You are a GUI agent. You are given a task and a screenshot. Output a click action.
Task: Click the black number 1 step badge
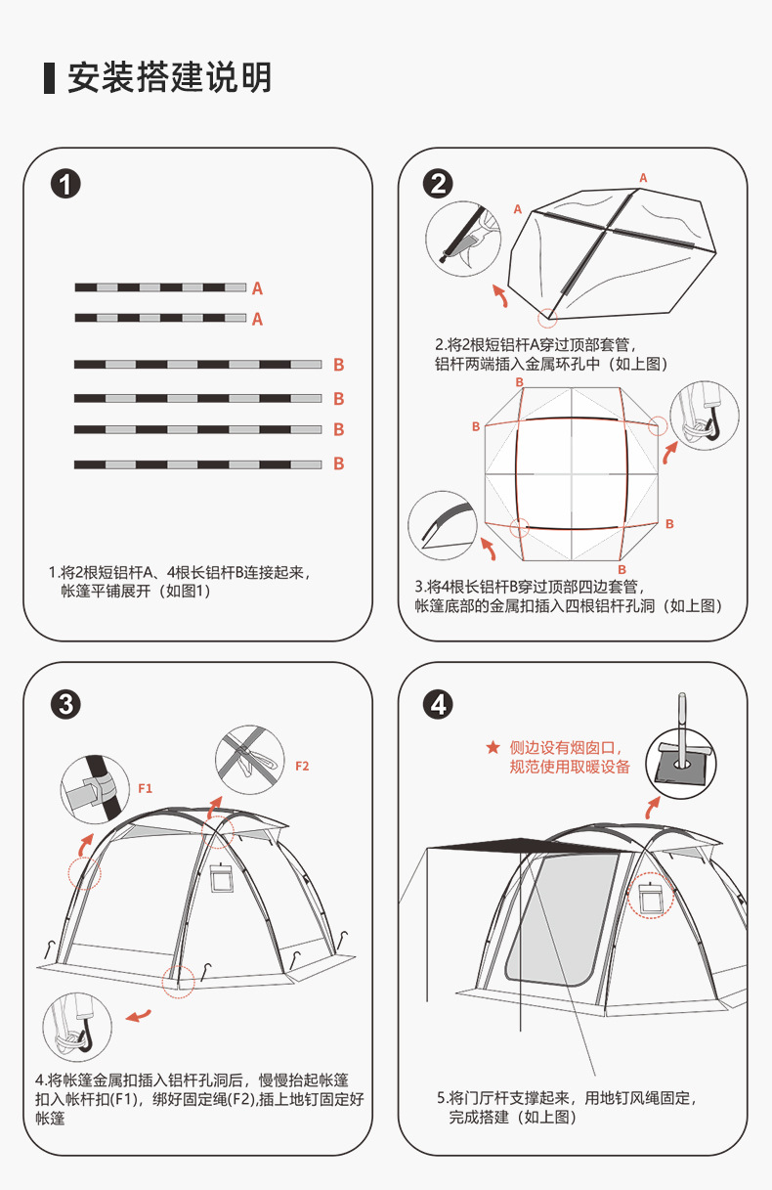(65, 183)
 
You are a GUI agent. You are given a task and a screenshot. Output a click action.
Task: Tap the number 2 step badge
(438, 183)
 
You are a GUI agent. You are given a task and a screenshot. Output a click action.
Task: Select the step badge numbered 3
(65, 704)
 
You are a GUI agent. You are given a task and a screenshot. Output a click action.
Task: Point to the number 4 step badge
(438, 704)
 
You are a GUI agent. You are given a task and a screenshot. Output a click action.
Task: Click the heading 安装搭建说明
(170, 77)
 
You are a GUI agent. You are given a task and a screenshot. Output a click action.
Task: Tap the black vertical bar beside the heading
(49, 77)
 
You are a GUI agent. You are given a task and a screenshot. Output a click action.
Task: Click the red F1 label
(146, 786)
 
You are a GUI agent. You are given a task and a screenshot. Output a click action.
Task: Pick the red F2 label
(302, 766)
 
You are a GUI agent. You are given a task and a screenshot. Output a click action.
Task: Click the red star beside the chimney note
(493, 748)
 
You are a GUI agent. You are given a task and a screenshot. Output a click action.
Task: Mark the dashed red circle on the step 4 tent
(649, 897)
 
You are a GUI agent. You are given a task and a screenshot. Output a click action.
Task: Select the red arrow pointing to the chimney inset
(650, 808)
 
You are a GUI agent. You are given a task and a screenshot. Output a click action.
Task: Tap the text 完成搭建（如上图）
(514, 1117)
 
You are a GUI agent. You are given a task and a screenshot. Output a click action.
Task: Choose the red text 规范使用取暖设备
(571, 767)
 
